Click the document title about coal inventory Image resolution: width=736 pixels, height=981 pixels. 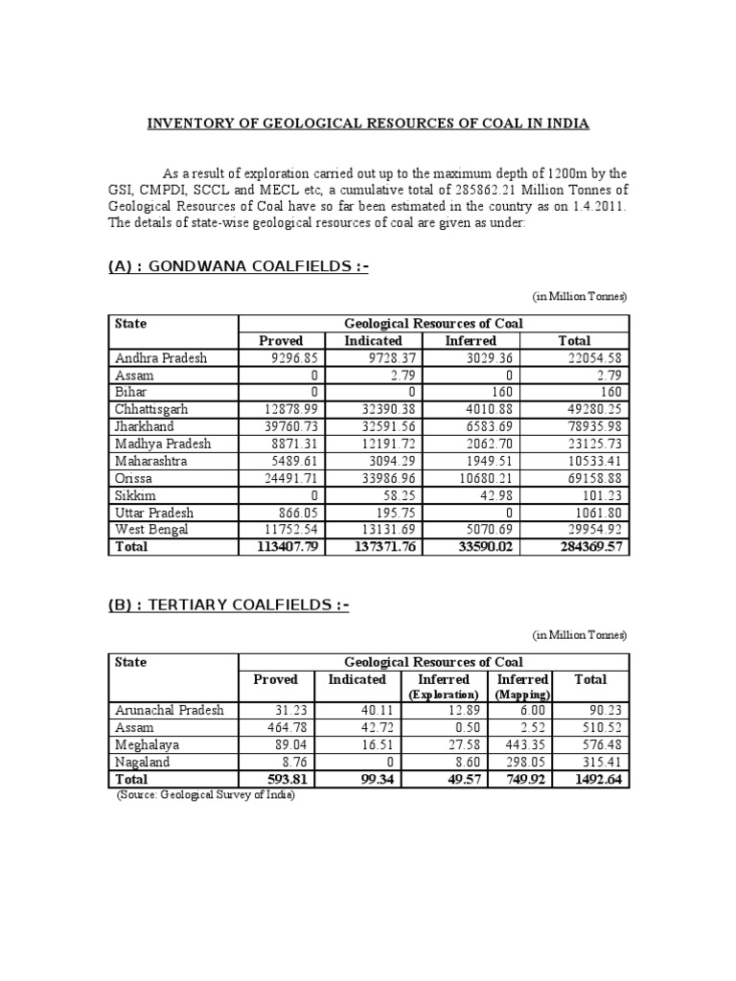pyautogui.click(x=367, y=124)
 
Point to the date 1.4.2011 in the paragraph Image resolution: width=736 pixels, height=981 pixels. pyautogui.click(x=593, y=206)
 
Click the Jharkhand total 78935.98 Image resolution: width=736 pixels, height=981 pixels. pyautogui.click(x=589, y=426)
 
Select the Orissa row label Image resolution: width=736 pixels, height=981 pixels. pyautogui.click(x=136, y=478)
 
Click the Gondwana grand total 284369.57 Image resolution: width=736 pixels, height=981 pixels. pyautogui.click(x=585, y=547)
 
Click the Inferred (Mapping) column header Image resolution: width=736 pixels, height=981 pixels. pyautogui.click(x=521, y=686)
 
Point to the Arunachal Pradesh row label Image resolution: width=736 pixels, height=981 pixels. pyautogui.click(x=169, y=710)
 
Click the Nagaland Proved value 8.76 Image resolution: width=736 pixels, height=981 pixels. pyautogui.click(x=287, y=762)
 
